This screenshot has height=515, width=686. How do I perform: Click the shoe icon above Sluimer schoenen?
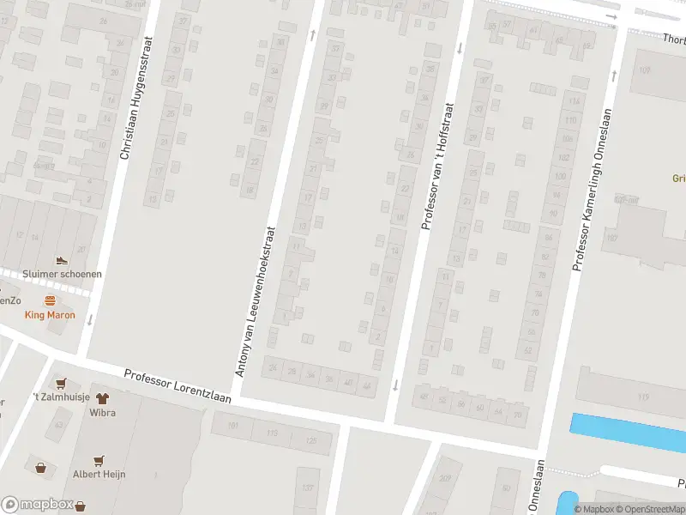61,260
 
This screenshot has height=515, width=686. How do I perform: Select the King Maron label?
49,315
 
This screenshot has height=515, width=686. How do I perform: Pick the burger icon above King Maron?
50,301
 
